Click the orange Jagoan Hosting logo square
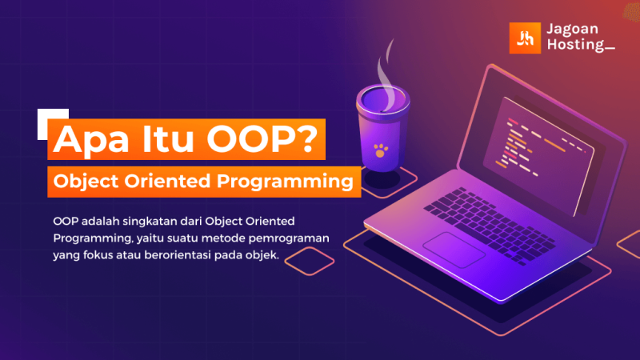tap(525, 38)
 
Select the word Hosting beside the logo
tap(575, 44)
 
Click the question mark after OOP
tap(308, 138)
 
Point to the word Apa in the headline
tap(91, 139)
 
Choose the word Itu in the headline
tap(168, 138)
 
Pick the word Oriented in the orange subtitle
tap(167, 181)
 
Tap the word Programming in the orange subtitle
tap(285, 182)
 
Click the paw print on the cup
tap(381, 150)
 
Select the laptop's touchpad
tap(454, 250)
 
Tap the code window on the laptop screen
tap(538, 154)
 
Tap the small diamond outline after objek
tap(310, 261)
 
